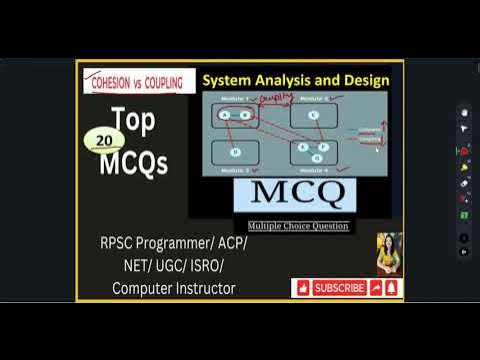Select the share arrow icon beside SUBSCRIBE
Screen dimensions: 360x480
pyautogui.click(x=376, y=288)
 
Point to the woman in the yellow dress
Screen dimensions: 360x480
pyautogui.click(x=389, y=255)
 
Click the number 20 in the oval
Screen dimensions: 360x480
pyautogui.click(x=105, y=140)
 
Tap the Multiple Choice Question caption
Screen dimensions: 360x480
pyautogui.click(x=292, y=226)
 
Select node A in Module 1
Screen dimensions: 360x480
pyautogui.click(x=224, y=115)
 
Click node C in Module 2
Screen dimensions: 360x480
pyautogui.click(x=313, y=116)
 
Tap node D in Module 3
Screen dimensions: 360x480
pyautogui.click(x=235, y=152)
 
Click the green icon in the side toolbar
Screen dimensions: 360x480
pyautogui.click(x=464, y=215)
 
